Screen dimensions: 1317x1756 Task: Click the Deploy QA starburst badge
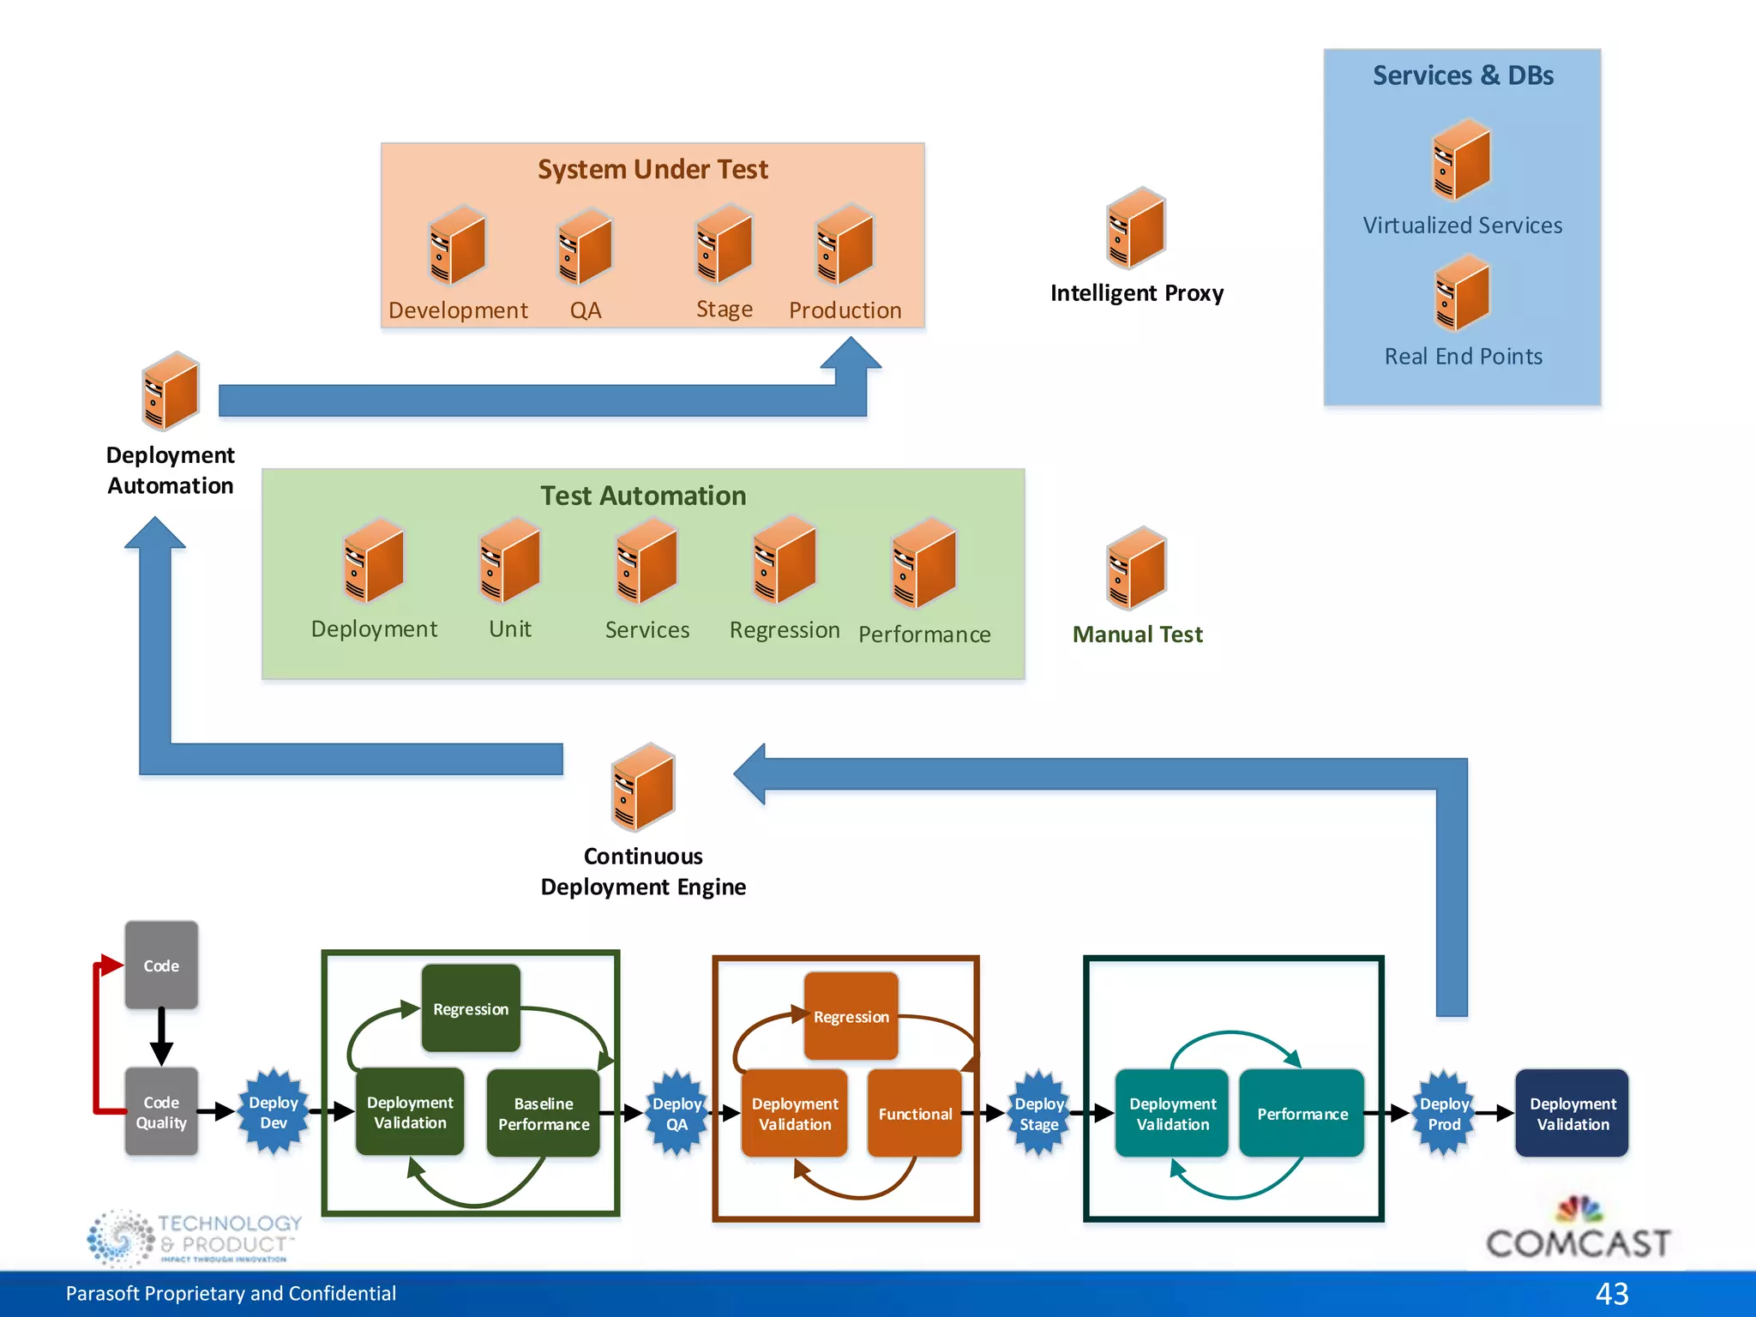[677, 1112]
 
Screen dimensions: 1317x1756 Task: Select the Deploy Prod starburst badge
[1444, 1112]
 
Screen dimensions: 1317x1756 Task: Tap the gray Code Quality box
[161, 1112]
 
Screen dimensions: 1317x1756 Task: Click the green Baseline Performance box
[544, 1113]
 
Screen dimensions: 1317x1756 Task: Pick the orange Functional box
[915, 1113]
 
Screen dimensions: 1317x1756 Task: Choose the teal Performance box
[1302, 1113]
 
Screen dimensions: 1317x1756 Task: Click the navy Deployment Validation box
[1572, 1113]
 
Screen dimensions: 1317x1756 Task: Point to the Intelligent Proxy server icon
[1136, 228]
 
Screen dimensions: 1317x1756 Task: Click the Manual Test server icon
[1136, 568]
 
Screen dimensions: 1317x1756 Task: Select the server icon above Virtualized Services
[1462, 160]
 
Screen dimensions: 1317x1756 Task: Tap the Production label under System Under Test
[845, 310]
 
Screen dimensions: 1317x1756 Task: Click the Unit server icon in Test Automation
[510, 561]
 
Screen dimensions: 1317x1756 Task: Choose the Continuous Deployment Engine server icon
[643, 787]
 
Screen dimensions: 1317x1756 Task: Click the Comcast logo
[1578, 1230]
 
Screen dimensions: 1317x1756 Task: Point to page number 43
[1611, 1293]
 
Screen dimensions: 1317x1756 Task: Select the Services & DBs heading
[1463, 75]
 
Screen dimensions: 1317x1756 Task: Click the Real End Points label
[1463, 356]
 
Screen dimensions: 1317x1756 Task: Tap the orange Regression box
[851, 1016]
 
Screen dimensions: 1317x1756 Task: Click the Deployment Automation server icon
[171, 391]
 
